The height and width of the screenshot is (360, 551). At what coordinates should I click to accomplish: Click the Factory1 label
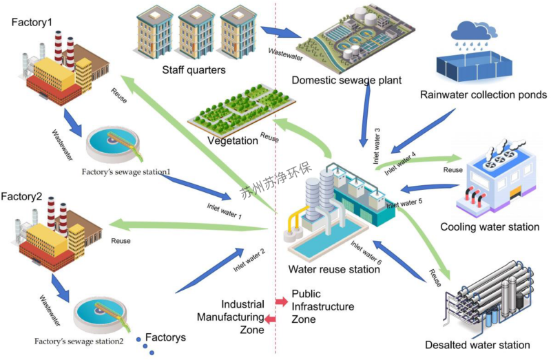click(x=32, y=23)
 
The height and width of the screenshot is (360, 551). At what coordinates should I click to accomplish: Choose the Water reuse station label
click(x=334, y=269)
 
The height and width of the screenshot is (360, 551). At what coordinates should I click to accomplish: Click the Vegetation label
click(x=232, y=140)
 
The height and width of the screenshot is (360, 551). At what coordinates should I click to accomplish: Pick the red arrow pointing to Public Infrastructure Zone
click(x=280, y=301)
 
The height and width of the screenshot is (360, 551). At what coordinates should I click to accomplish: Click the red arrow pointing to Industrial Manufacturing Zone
click(x=271, y=318)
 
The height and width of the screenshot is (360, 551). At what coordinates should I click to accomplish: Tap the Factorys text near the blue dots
click(x=168, y=338)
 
